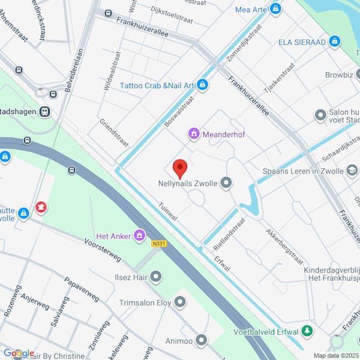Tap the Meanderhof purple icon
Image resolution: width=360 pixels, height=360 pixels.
(x=194, y=134)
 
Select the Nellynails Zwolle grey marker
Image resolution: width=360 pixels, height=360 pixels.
(x=226, y=182)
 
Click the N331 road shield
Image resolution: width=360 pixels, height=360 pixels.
(x=159, y=243)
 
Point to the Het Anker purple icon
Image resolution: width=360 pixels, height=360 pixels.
(x=140, y=236)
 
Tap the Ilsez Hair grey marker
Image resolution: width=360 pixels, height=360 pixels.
(x=156, y=277)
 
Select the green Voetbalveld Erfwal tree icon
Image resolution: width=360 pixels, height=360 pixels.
(x=308, y=331)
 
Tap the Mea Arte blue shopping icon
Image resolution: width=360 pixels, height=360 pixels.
(x=275, y=9)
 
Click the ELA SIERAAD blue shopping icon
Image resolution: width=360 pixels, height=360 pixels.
(x=335, y=41)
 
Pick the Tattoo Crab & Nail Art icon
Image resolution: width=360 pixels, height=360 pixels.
(x=203, y=85)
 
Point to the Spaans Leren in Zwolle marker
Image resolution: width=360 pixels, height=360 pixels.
(x=350, y=170)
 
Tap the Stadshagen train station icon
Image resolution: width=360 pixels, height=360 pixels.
(x=44, y=112)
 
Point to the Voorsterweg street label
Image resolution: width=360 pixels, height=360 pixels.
(x=103, y=252)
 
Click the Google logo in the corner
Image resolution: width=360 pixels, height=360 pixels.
(x=19, y=353)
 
